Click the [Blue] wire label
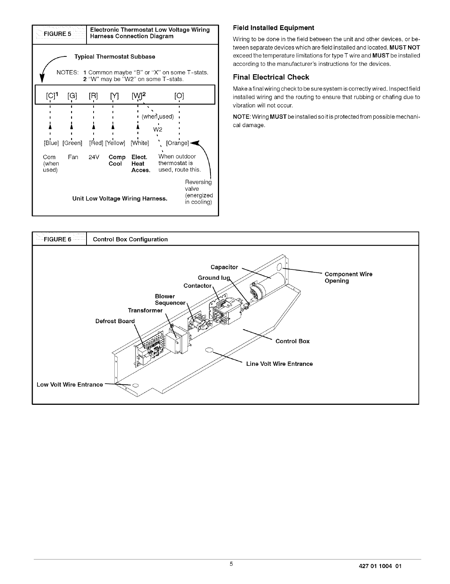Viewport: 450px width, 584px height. click(x=51, y=143)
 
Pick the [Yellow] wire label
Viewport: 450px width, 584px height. click(x=115, y=143)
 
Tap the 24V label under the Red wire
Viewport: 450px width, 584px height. click(x=94, y=157)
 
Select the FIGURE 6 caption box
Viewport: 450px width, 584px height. click(x=59, y=239)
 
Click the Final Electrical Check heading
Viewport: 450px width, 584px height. click(x=271, y=77)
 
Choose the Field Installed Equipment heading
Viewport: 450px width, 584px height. click(x=273, y=28)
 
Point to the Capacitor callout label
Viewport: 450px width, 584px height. click(x=224, y=267)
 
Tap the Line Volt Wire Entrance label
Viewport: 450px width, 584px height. click(x=279, y=364)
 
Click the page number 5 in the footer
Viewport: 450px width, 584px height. click(x=231, y=564)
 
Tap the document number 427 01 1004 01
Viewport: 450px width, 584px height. click(x=378, y=566)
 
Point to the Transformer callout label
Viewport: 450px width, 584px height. click(x=145, y=310)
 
